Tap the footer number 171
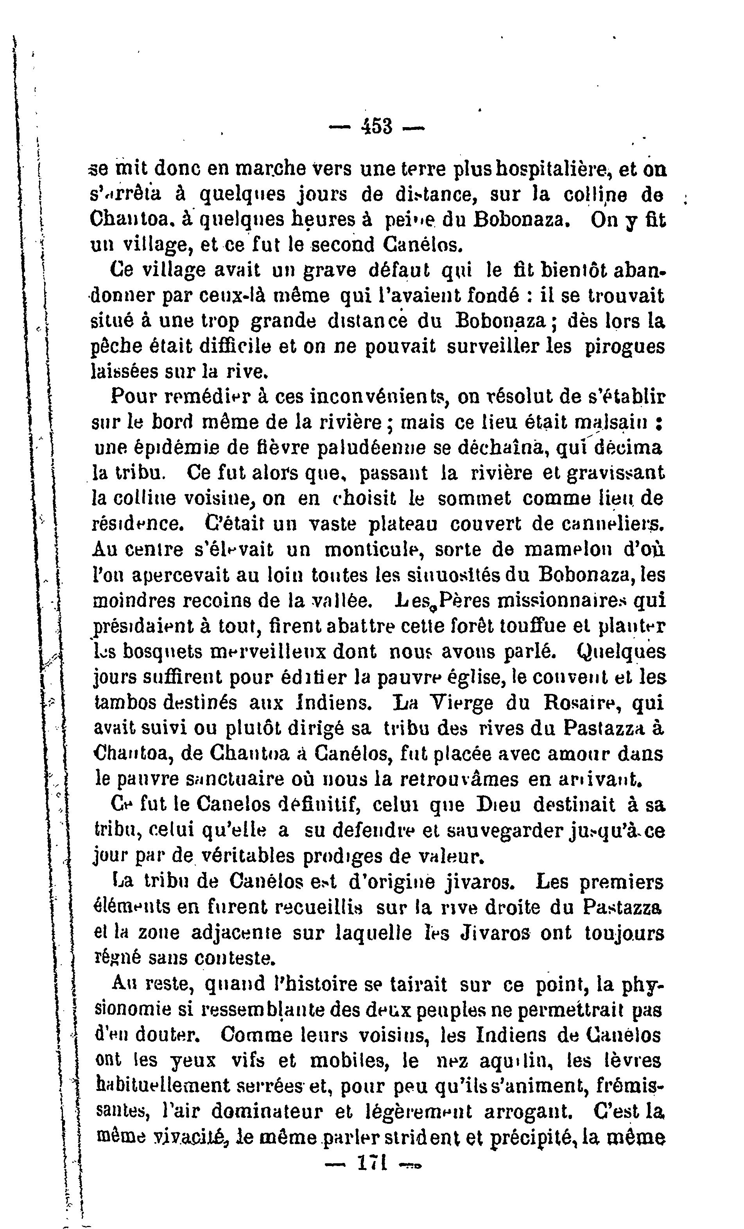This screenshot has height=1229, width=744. pyautogui.click(x=373, y=1163)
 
